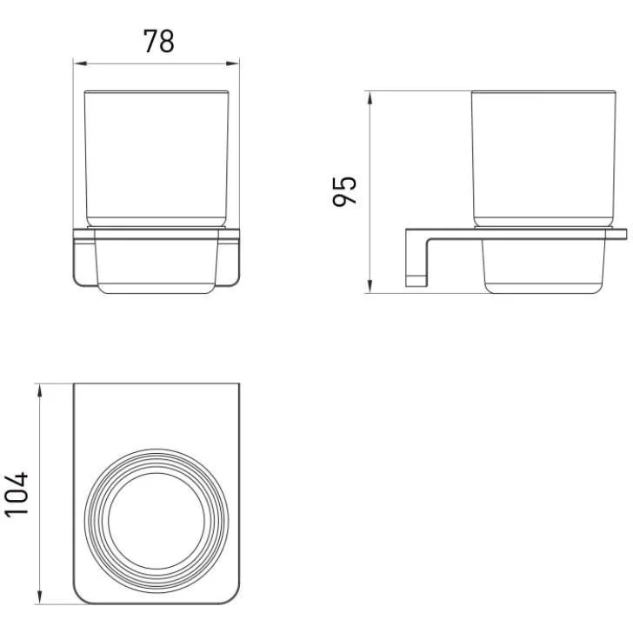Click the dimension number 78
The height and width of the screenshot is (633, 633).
[x=159, y=41]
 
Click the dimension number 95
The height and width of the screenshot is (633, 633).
[x=344, y=192]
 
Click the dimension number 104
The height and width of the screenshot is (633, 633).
[x=17, y=495]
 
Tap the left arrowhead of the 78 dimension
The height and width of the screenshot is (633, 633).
[x=80, y=63]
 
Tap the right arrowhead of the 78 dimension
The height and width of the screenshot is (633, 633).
[x=232, y=63]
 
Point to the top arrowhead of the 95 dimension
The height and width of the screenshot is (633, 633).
[x=370, y=98]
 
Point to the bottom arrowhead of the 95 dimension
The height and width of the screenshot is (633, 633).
[x=370, y=286]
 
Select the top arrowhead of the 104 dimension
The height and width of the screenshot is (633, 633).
[x=40, y=390]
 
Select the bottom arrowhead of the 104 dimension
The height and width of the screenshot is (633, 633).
[x=40, y=597]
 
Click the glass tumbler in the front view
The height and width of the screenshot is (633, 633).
[x=157, y=158]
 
